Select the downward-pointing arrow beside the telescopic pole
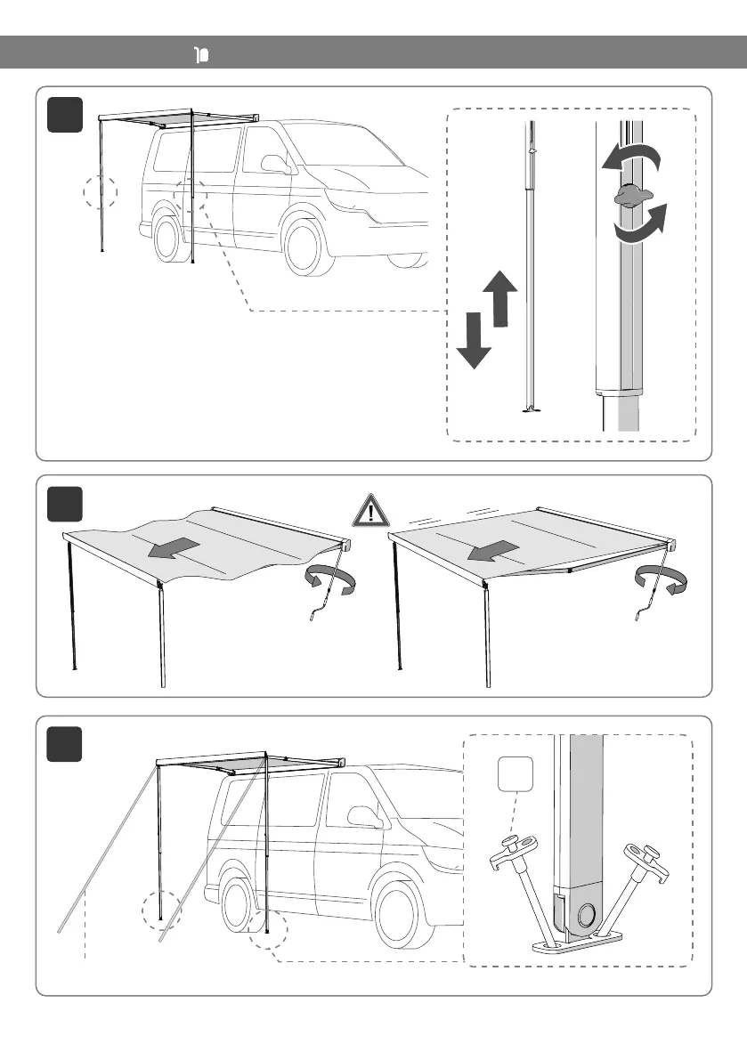(x=474, y=341)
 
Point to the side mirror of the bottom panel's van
(x=364, y=816)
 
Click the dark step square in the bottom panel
(x=64, y=744)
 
